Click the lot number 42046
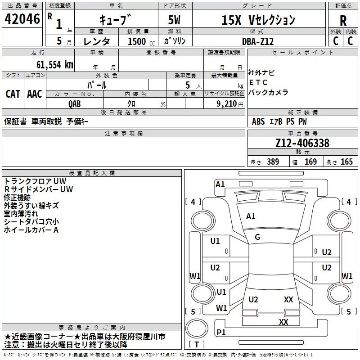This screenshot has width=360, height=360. [x=22, y=19]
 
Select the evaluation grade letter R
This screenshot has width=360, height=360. [x=343, y=20]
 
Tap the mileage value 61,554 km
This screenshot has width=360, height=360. [x=55, y=65]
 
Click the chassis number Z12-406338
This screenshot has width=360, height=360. [x=302, y=143]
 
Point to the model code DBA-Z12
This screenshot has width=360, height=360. [x=258, y=41]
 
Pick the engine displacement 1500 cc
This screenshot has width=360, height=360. [x=141, y=41]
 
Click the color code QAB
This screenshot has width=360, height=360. [x=75, y=104]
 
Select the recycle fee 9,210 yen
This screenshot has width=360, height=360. [x=229, y=104]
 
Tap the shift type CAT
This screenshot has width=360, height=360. [x=13, y=94]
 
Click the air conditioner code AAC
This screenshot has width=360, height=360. [x=35, y=94]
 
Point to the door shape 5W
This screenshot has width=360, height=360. [x=174, y=20]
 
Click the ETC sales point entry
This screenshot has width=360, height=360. [x=258, y=82]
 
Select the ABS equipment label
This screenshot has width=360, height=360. [x=258, y=121]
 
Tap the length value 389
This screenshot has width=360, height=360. [x=273, y=162]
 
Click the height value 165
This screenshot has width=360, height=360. [x=346, y=162]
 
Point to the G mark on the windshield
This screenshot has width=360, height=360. [x=257, y=237]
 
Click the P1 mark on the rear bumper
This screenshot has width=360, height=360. [x=221, y=332]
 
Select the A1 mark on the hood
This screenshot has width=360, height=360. [x=251, y=216]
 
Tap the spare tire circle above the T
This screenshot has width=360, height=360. [x=197, y=328]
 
